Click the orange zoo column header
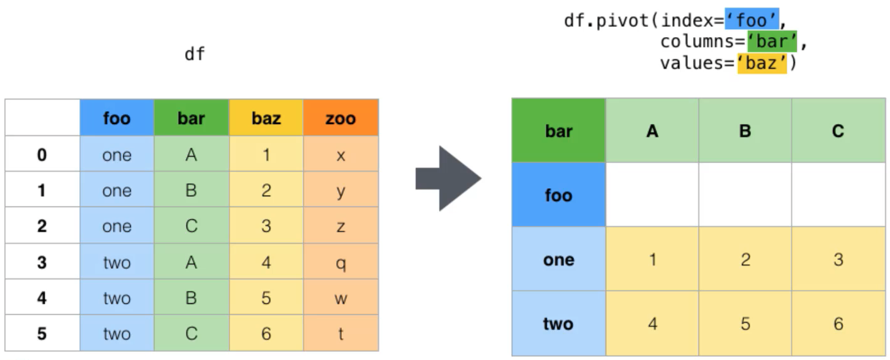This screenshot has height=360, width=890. (341, 118)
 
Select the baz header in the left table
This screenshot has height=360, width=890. (266, 118)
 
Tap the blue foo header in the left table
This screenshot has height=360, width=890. (117, 118)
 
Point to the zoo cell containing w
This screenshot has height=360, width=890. (341, 297)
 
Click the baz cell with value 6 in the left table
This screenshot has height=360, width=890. (266, 333)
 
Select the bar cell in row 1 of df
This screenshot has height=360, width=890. (191, 189)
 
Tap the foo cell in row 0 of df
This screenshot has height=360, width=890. (117, 154)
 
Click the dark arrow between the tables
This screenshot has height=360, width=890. (449, 178)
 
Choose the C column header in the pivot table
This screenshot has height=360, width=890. (838, 131)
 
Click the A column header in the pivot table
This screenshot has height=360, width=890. (653, 131)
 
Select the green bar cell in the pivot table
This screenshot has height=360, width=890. (559, 131)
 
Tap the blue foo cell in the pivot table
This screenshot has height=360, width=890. (559, 194)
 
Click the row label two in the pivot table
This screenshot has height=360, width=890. (559, 323)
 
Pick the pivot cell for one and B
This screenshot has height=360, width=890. (745, 259)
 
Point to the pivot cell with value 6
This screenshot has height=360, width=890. (838, 323)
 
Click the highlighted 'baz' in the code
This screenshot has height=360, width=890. (762, 63)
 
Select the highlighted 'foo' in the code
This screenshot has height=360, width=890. (752, 20)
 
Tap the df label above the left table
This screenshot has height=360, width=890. (194, 53)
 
